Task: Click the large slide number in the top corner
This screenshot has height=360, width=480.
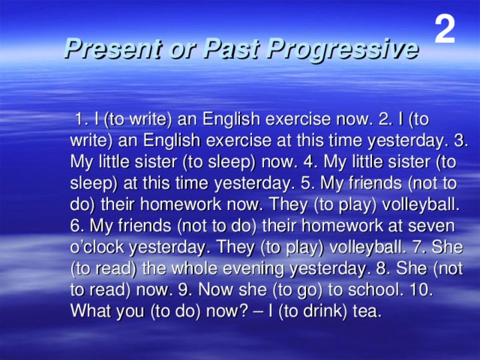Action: coord(445,29)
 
